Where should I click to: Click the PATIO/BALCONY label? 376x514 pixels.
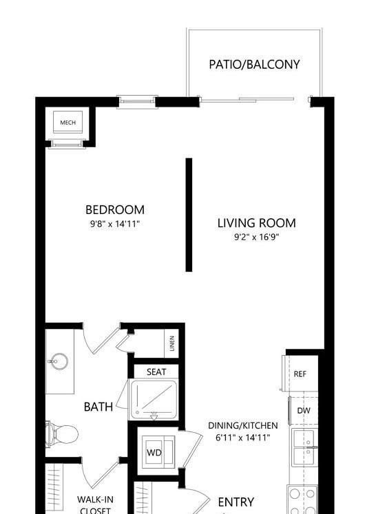[x=254, y=64]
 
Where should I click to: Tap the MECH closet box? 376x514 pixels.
[x=68, y=122]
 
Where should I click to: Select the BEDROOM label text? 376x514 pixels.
[x=115, y=210]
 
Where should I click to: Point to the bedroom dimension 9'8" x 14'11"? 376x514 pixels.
[x=115, y=224]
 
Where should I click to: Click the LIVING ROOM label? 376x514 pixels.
[x=257, y=223]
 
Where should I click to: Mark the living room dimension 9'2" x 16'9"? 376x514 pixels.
[x=257, y=237]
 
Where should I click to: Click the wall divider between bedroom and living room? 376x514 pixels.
[x=189, y=215]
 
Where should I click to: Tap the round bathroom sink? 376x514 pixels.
[x=59, y=361]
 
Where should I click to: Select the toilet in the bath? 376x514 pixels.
[x=62, y=435]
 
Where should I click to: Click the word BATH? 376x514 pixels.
[x=98, y=407]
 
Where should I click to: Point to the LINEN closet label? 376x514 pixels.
[x=172, y=343]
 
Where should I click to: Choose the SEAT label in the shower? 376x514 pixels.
[x=156, y=372]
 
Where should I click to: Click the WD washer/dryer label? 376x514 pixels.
[x=154, y=453]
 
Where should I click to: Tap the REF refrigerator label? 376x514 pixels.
[x=300, y=374]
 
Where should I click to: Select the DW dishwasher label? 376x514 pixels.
[x=304, y=410]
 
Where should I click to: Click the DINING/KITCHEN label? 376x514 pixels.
[x=243, y=425]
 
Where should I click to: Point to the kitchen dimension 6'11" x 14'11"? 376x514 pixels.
[x=243, y=438]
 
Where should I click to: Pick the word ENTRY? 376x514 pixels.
[x=236, y=502]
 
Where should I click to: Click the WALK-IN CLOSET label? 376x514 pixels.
[x=95, y=505]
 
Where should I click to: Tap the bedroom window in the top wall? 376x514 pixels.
[x=137, y=102]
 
